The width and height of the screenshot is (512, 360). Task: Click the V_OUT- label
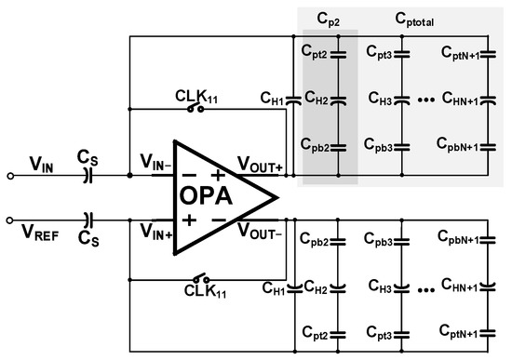click(x=260, y=232)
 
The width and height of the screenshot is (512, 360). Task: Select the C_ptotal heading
click(x=416, y=19)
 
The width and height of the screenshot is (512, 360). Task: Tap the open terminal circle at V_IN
click(x=10, y=174)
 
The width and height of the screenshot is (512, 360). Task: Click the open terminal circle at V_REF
click(x=10, y=220)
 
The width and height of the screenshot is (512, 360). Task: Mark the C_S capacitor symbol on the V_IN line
click(x=89, y=174)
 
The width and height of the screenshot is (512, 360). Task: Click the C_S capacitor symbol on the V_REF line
click(x=89, y=220)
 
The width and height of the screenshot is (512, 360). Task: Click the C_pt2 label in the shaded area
click(x=316, y=56)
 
